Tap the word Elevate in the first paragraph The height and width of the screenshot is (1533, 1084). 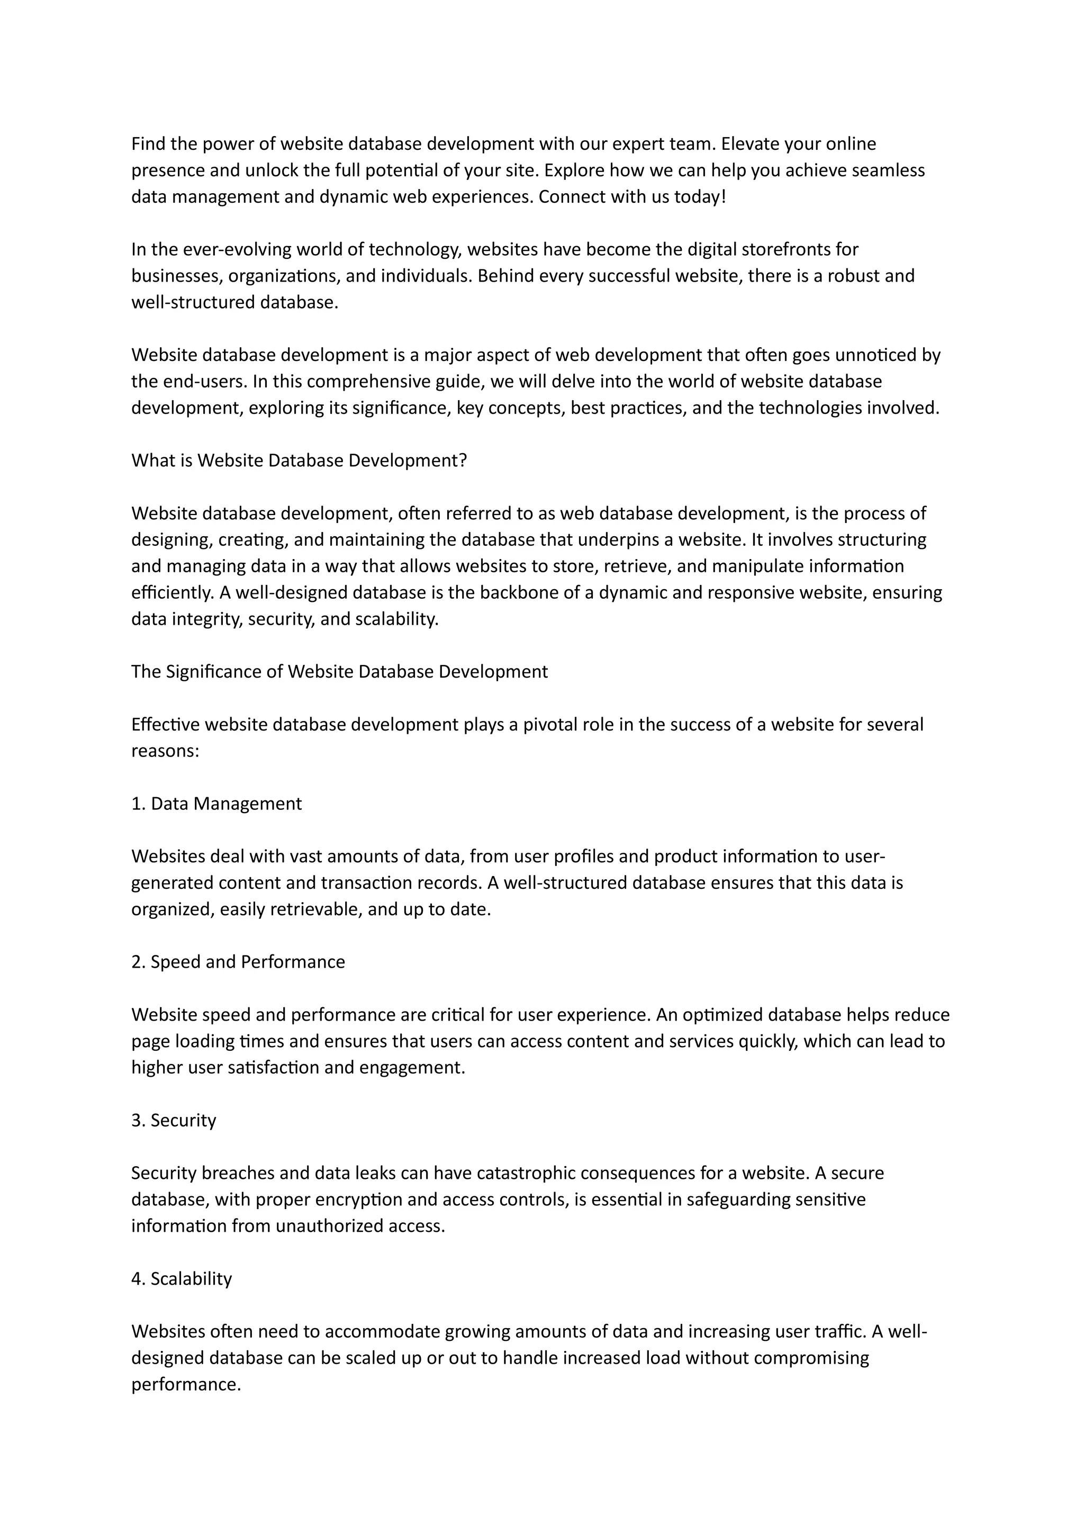(x=749, y=143)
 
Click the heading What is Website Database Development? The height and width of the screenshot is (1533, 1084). (x=299, y=461)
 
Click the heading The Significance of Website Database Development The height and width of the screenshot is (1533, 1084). (x=339, y=672)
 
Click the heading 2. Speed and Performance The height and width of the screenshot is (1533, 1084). (x=238, y=962)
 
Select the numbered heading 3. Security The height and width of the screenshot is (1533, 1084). (x=174, y=1121)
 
